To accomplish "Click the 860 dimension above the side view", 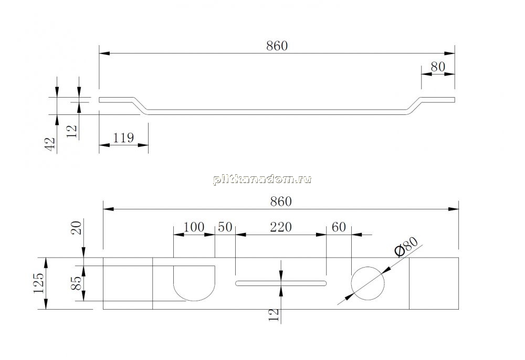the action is coord(277,46).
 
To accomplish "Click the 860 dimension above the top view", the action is coord(281,202).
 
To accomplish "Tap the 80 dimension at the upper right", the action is coord(438,67).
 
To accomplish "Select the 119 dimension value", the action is coord(123,137).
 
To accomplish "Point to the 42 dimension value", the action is coord(50,144).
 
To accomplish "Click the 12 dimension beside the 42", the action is coord(72,132).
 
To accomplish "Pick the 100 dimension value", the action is coord(194,227).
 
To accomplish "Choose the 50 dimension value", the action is coord(225,227).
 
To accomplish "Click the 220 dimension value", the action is coord(281,227).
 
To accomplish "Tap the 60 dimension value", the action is coord(339,227).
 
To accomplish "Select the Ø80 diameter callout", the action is coord(406,246).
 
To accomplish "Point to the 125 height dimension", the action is coord(39,283).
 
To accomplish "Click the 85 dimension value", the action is coord(77,283).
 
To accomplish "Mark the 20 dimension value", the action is coord(77,228).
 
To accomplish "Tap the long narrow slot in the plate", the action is coord(281,283).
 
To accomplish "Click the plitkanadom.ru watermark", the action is coord(262,179).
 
